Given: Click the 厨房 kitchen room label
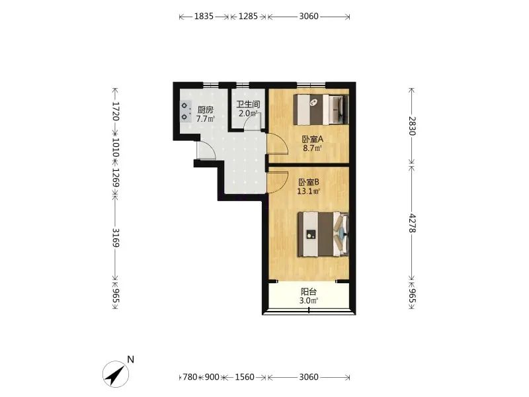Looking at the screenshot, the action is (206, 110).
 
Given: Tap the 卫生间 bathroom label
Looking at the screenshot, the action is (248, 105).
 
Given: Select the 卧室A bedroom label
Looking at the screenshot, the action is (313, 139).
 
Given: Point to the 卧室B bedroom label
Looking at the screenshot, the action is (309, 183).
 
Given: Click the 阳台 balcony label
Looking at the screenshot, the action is (309, 292).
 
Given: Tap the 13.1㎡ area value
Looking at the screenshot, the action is (308, 191).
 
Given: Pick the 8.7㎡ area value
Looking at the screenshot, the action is (312, 148).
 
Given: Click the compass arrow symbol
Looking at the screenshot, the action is (116, 374).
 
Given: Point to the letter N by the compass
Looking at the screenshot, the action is (130, 359).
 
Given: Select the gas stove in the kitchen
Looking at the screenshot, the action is (185, 111).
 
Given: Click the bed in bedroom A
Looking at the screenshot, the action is (321, 110).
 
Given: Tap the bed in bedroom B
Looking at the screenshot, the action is (323, 234).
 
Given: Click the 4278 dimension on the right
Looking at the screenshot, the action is (412, 223).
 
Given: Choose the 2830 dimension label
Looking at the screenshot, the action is (412, 126).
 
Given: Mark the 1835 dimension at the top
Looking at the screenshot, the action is (204, 16).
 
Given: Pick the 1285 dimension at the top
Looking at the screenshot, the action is (248, 16).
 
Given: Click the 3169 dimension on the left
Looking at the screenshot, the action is (116, 238).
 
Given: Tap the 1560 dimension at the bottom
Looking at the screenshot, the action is (245, 376).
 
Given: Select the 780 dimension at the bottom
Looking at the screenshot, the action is (190, 376).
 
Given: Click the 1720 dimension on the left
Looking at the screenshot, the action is (116, 111).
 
